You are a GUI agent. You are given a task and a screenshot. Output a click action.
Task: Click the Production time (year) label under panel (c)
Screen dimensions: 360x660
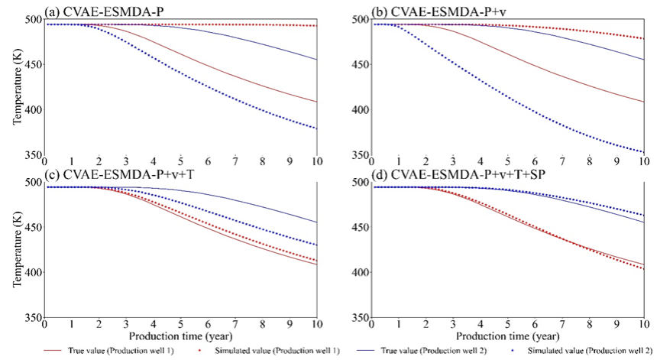180,336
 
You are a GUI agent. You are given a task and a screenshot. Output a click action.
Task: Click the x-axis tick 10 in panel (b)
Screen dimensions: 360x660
643,163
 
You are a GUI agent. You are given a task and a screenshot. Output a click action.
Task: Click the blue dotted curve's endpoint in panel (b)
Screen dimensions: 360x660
643,152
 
